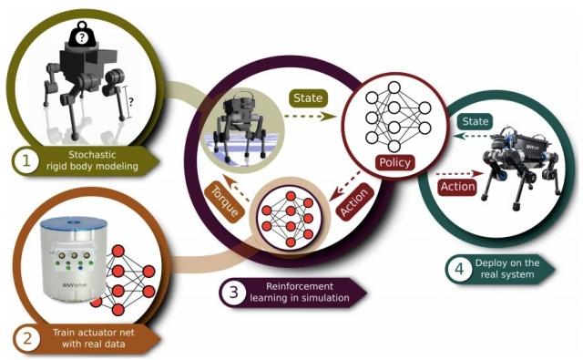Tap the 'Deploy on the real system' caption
(508, 268)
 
